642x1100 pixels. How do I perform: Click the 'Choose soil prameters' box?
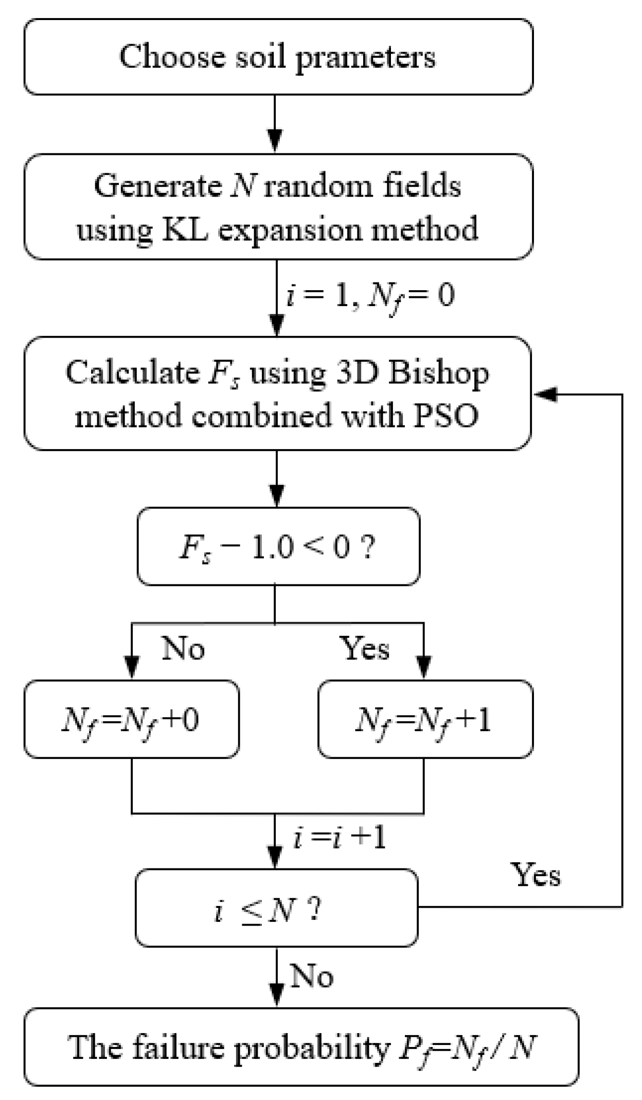coord(278,57)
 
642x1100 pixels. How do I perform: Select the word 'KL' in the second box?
coord(186,229)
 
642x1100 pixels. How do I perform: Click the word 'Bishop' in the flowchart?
coord(438,373)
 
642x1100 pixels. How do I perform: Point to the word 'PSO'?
coord(446,416)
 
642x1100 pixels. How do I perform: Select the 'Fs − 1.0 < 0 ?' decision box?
coord(278,546)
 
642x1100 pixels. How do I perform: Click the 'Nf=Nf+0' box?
coord(131,719)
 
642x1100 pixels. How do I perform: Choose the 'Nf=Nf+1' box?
coord(425,719)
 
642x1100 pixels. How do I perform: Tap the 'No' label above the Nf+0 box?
coord(183,648)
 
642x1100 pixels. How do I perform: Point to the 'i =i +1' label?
coord(340,838)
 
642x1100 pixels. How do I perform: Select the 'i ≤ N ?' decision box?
coord(276,908)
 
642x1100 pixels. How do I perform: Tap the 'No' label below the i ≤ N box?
coord(312,975)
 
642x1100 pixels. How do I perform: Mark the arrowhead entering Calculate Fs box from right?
coord(545,395)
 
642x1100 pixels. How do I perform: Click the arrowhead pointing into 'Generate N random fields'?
coord(276,142)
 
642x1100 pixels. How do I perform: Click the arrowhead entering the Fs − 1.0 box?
coord(277,496)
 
